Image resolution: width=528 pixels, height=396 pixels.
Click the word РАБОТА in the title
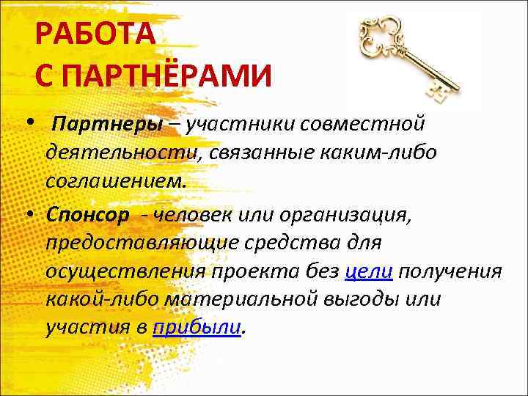95,35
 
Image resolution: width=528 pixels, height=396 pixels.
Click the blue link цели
370,271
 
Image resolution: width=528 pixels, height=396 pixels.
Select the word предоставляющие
142,243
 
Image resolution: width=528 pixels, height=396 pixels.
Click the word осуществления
124,271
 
